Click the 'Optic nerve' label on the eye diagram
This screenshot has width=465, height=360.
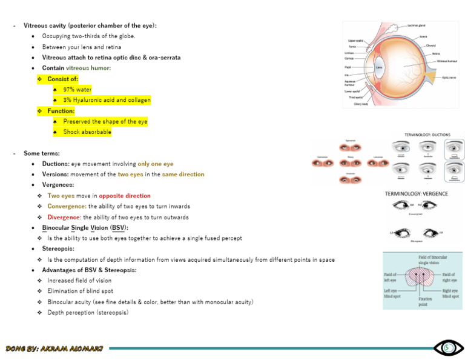(450, 78)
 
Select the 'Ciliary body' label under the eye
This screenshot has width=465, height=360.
(361, 104)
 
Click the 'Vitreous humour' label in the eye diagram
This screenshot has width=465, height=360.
(447, 61)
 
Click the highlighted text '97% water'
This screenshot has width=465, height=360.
(77, 90)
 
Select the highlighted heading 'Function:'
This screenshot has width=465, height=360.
(61, 111)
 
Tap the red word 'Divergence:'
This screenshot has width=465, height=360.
(64, 217)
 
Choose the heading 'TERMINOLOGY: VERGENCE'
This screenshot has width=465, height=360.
(417, 194)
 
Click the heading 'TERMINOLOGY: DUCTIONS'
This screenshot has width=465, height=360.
(432, 135)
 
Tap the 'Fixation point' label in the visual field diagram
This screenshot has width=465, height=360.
(425, 301)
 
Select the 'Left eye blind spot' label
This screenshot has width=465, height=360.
(394, 293)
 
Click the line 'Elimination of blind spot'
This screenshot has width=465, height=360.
(80, 291)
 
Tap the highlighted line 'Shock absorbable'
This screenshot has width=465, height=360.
(87, 132)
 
